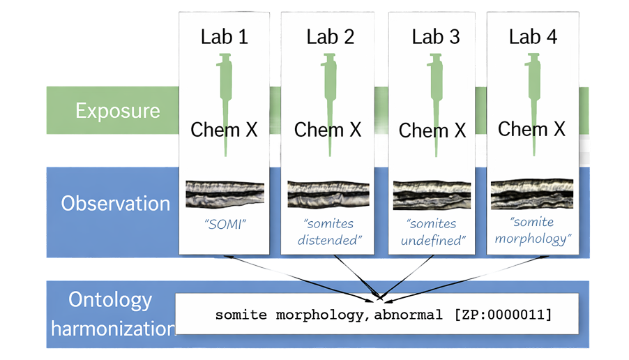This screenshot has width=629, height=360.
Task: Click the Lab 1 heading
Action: (x=224, y=37)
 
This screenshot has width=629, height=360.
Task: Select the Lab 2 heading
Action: (x=330, y=37)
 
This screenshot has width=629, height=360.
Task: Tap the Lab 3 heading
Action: (x=435, y=37)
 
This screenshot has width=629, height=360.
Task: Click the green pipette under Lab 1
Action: (x=225, y=98)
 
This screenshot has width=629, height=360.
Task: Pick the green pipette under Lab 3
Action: (x=432, y=98)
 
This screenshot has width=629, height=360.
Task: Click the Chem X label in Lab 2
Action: (x=327, y=130)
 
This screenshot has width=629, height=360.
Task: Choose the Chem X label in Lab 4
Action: (x=532, y=129)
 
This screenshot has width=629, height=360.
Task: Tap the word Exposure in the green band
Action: (x=118, y=111)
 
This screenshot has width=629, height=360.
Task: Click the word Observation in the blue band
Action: (x=116, y=203)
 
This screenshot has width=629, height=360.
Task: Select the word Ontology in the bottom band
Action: (x=110, y=301)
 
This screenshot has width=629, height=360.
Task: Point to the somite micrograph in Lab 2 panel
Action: (x=328, y=195)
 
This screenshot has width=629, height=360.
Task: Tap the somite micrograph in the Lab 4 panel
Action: (x=531, y=195)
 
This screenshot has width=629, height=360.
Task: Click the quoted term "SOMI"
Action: (x=225, y=225)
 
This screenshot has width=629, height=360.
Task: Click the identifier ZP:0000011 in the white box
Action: (x=502, y=315)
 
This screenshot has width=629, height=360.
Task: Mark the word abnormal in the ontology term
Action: (x=408, y=315)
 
